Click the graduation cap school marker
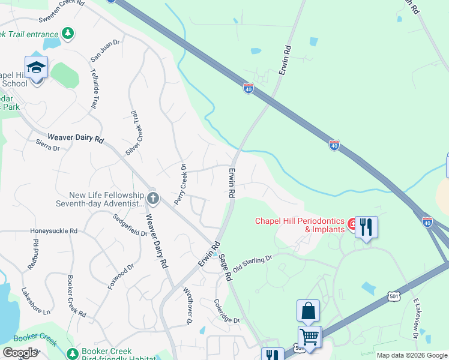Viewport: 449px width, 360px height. [37, 67]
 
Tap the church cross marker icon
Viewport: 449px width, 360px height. [153, 197]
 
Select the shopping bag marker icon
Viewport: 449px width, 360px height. [308, 311]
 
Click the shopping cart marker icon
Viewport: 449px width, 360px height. [310, 337]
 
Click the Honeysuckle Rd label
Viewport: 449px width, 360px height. [54, 230]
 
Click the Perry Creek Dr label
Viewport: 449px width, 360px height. [184, 184]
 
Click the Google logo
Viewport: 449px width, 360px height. [20, 353]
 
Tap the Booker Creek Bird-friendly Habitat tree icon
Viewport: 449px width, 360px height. [73, 353]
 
